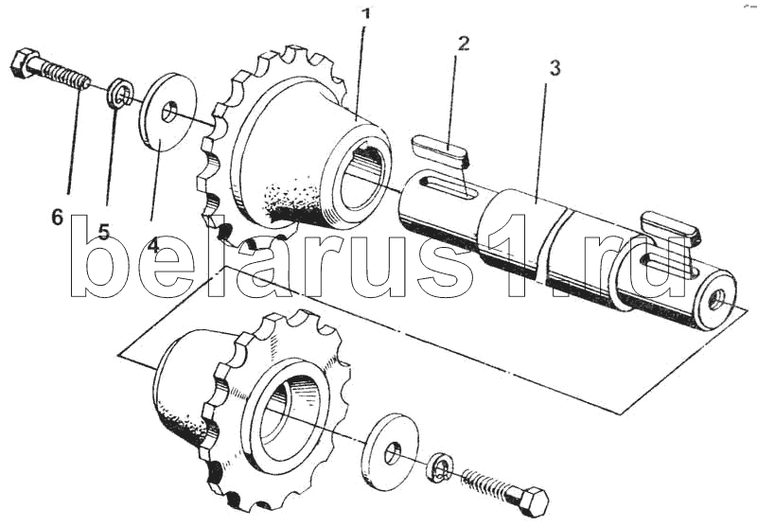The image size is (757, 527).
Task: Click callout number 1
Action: pos(366,13)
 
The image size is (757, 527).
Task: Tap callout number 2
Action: pos(463,44)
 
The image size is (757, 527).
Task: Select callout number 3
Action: pos(555,68)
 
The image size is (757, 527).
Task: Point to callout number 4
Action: pos(152,245)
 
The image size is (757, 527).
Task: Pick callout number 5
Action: pos(104,232)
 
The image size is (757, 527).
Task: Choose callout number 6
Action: pos(58,218)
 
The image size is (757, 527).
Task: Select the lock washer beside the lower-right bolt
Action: pos(440,467)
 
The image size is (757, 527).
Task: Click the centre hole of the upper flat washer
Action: pos(169,112)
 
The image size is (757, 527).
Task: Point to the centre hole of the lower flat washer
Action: pos(393,455)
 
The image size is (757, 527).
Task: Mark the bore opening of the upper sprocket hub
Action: pos(363,180)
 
